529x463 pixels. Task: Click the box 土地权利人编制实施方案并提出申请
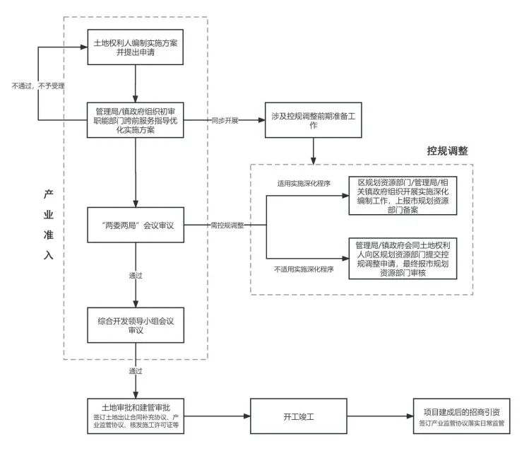pyautogui.click(x=135, y=47)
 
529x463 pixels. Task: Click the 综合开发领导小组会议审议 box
pyautogui.click(x=135, y=325)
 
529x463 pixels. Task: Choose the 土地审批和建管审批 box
pyautogui.click(x=135, y=416)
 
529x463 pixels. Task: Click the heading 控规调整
pyautogui.click(x=447, y=151)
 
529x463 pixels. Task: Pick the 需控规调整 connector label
pyautogui.click(x=227, y=225)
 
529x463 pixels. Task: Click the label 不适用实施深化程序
pyautogui.click(x=304, y=269)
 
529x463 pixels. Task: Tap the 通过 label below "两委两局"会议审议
pyautogui.click(x=136, y=274)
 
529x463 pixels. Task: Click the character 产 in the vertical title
pyautogui.click(x=48, y=194)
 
